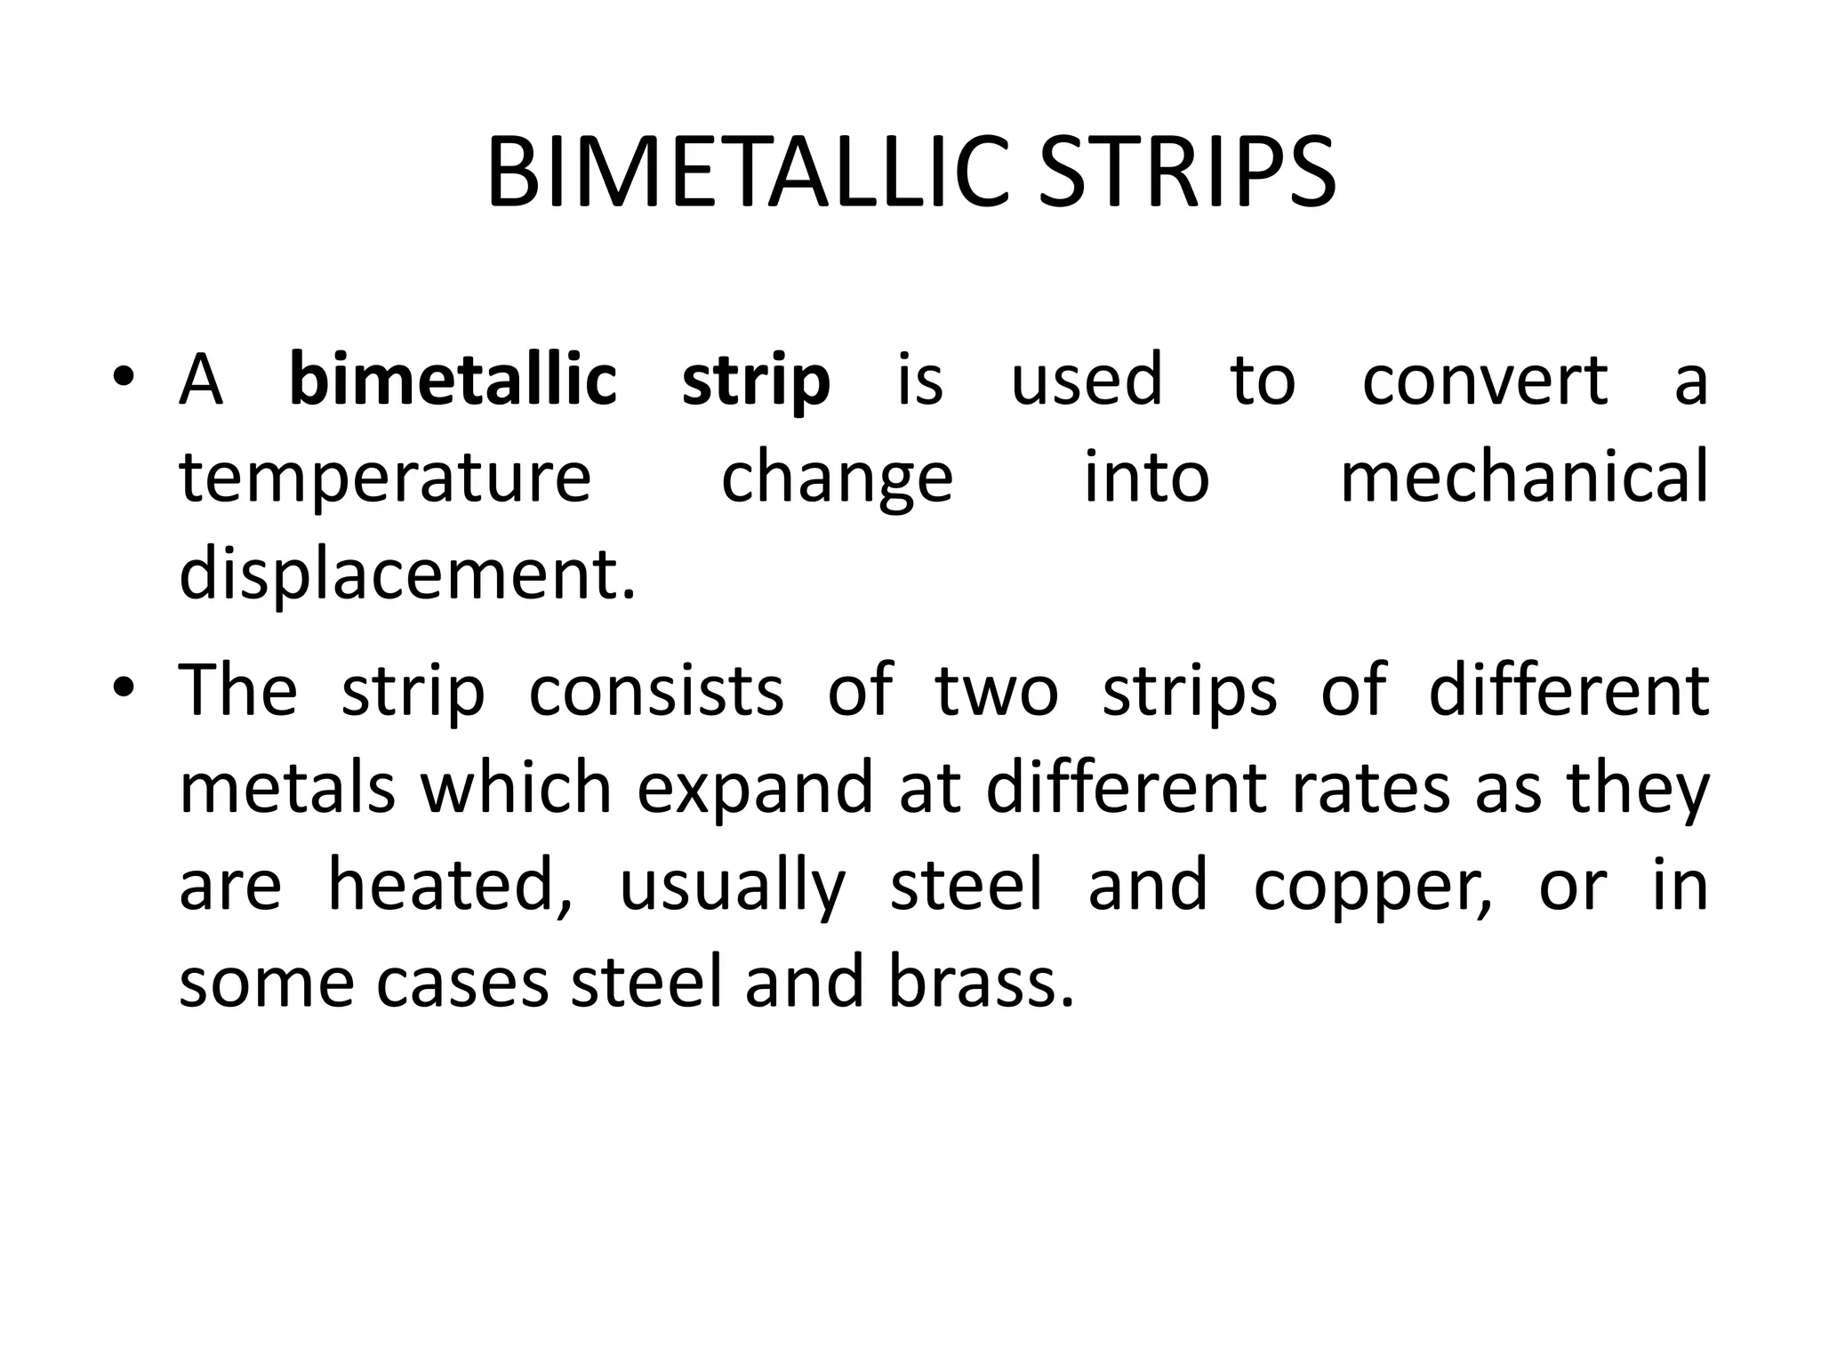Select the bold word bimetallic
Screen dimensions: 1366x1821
[453, 380]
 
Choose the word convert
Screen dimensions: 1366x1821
[1485, 380]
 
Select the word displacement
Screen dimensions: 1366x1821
[407, 575]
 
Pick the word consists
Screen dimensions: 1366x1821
[656, 691]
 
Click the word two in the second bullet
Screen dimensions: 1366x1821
[997, 691]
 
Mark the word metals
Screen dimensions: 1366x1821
[287, 788]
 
